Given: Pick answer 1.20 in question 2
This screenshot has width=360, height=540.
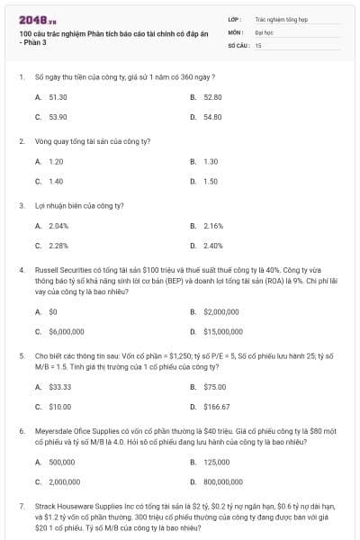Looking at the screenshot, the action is tap(56, 161).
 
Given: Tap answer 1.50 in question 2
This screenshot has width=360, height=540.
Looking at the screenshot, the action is tap(211, 181).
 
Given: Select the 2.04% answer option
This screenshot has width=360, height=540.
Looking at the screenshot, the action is tap(58, 225).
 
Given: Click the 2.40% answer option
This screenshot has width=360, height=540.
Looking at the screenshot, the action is tap(213, 245).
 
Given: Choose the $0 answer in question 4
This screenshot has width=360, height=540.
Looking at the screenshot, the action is tap(53, 310).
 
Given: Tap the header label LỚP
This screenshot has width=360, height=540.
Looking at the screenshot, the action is tap(234, 18).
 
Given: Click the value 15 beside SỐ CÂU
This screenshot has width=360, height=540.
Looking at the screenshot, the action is tap(258, 44).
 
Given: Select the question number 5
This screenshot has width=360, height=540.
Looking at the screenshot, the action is tap(20, 355).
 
